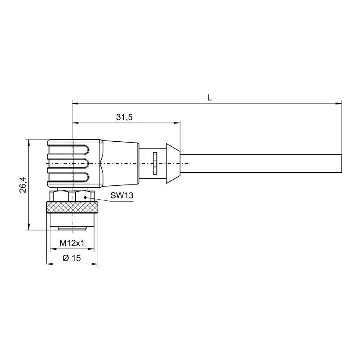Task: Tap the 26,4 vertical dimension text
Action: (x=23, y=185)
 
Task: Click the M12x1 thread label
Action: (x=72, y=243)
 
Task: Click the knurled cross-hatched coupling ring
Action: (x=72, y=207)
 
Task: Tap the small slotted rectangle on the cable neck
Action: (x=154, y=163)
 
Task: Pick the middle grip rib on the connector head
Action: (x=67, y=163)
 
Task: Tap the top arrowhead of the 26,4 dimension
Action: (x=29, y=143)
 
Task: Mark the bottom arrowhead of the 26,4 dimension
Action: (x=29, y=227)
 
